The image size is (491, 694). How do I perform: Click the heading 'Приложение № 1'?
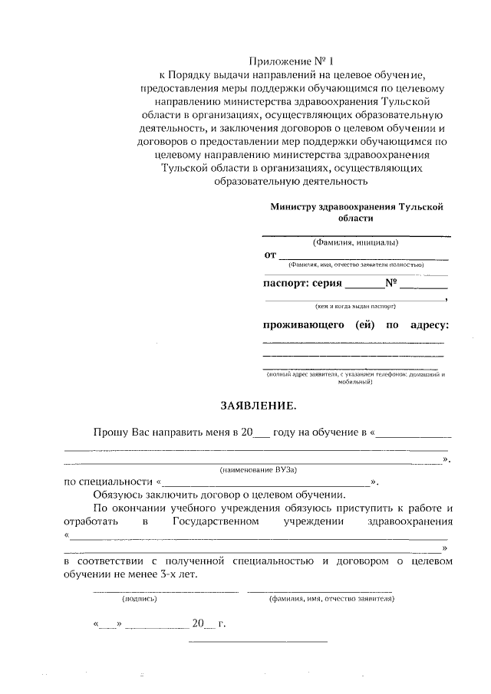(x=292, y=60)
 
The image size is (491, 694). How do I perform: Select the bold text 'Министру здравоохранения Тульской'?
(x=357, y=207)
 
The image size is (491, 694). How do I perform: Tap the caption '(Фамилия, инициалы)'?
(x=356, y=243)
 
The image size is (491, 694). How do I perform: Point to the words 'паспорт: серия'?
(x=303, y=283)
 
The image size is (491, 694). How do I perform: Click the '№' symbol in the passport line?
(x=390, y=283)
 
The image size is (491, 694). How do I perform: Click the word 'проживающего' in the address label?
(x=302, y=324)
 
